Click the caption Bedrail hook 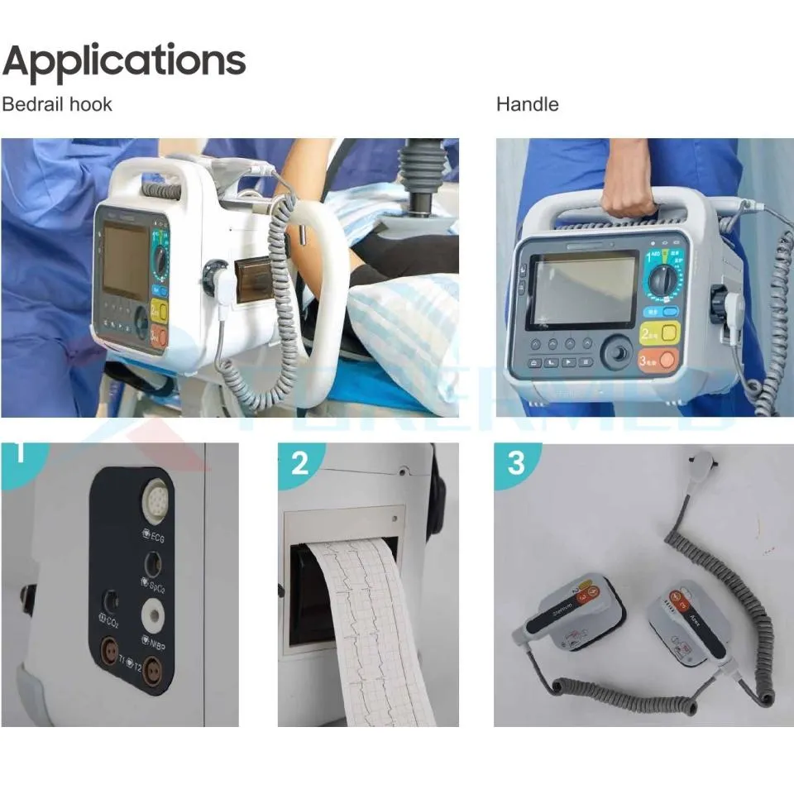(56, 104)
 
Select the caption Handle (527, 104)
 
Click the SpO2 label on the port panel (159, 586)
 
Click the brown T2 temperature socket (153, 674)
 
